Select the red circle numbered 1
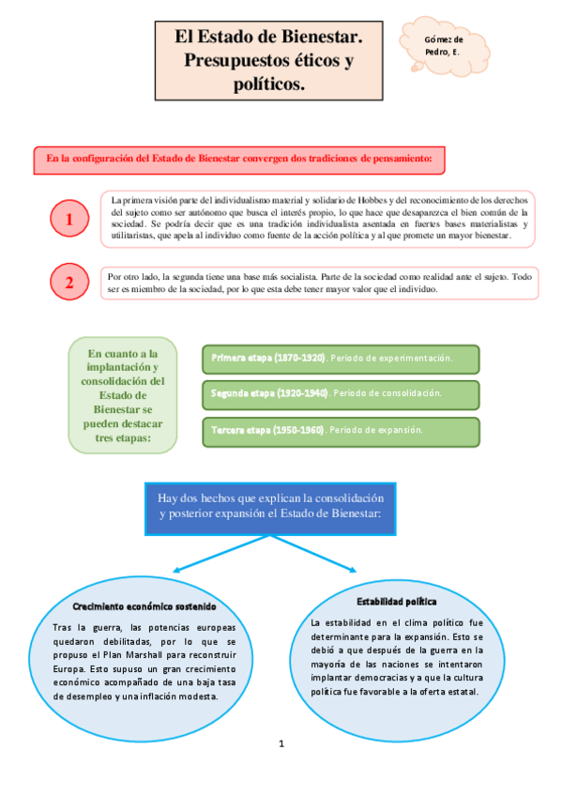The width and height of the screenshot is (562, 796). [x=69, y=220]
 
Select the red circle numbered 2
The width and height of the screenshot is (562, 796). [x=69, y=283]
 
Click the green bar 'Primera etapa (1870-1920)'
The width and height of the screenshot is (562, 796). [x=340, y=359]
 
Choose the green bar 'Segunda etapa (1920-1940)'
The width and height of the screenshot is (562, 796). [x=340, y=393]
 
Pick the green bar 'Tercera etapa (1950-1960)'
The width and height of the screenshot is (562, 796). [x=340, y=430]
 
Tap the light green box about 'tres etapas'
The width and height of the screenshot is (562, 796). [x=123, y=395]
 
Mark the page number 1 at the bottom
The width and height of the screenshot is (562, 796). [x=281, y=744]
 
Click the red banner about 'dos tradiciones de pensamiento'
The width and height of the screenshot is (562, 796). [x=238, y=160]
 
